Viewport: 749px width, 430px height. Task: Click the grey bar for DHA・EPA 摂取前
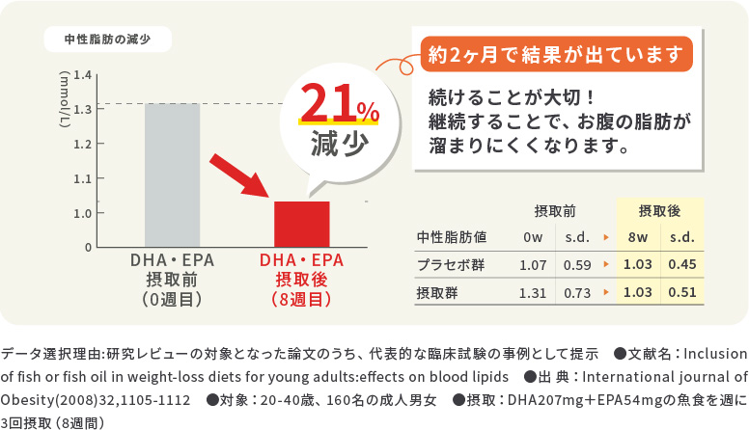pyautogui.click(x=172, y=175)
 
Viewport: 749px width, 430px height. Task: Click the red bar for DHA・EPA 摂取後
pyautogui.click(x=302, y=224)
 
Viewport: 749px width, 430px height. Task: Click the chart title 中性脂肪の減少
pyautogui.click(x=109, y=40)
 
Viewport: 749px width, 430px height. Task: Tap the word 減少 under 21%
pyautogui.click(x=340, y=145)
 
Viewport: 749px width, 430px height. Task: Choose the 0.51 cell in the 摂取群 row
pyautogui.click(x=681, y=292)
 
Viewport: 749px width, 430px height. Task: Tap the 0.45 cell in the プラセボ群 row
pyautogui.click(x=681, y=264)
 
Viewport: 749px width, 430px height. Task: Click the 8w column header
pyautogui.click(x=637, y=236)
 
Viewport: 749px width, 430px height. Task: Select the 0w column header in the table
pyautogui.click(x=532, y=236)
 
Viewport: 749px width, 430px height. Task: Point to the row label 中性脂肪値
pyautogui.click(x=451, y=236)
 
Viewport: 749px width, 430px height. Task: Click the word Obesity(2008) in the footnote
pyautogui.click(x=49, y=399)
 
